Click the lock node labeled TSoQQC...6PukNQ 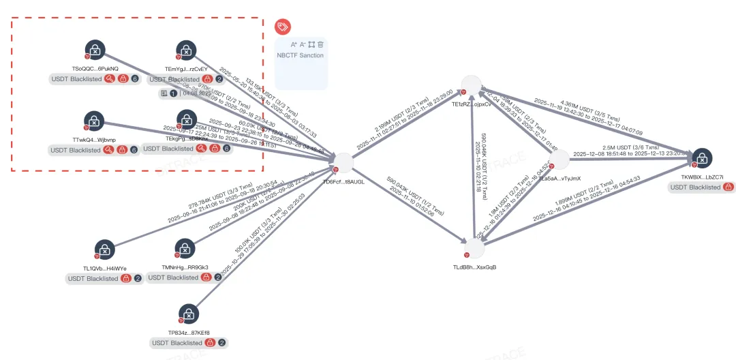tap(95, 50)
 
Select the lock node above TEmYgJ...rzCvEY tap(186, 50)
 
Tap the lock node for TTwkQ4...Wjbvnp tap(95, 121)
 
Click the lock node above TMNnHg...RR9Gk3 tap(185, 249)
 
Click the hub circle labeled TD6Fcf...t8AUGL tap(343, 164)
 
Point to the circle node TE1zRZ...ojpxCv tap(472, 85)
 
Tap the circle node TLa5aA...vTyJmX tap(558, 161)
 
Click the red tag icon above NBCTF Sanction tap(283, 27)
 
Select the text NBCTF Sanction tap(300, 55)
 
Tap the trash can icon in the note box tap(320, 44)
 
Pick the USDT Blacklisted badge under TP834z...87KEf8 tap(179, 342)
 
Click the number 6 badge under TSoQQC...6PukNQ tap(135, 79)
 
